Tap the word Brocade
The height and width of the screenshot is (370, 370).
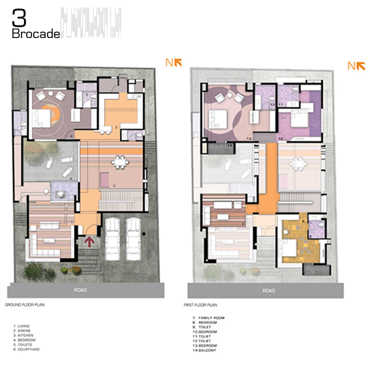pyautogui.click(x=36, y=34)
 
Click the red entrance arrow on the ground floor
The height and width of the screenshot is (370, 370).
pyautogui.click(x=90, y=242)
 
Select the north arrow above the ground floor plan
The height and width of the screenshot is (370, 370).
pyautogui.click(x=174, y=63)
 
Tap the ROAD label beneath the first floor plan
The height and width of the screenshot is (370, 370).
pyautogui.click(x=269, y=290)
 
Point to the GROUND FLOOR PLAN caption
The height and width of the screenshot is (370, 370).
pyautogui.click(x=25, y=305)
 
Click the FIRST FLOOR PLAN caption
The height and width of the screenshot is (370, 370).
pyautogui.click(x=201, y=305)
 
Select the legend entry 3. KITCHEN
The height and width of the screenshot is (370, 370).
pyautogui.click(x=23, y=335)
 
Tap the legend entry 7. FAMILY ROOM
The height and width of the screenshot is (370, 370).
pyautogui.click(x=209, y=318)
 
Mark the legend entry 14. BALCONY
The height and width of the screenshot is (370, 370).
pyautogui.click(x=205, y=350)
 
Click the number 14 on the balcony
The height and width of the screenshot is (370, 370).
pyautogui.click(x=230, y=145)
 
